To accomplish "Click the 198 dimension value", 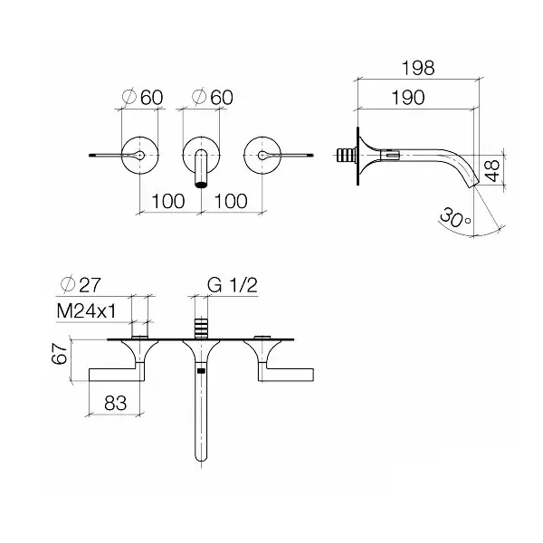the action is pos(417,68).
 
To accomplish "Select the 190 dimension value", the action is pos(407,98).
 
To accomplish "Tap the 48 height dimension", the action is pos(492,170).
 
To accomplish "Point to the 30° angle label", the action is pos(454,218).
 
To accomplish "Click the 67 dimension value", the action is pos(60,354).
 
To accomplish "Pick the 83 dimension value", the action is pos(115,403).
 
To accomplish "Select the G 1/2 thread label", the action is pos(233,285).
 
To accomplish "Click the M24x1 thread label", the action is pos(87,311).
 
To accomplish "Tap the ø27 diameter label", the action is pos(81,285).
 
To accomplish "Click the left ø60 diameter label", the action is pos(143,97).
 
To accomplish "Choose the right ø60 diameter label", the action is pos(213,97).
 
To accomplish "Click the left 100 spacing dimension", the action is pos(168,201).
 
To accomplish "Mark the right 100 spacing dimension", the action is pos(231,201).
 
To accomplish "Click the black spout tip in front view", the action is pos(201,185).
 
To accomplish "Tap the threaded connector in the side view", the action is pos(347,155).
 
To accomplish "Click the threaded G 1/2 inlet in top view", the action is pos(201,328).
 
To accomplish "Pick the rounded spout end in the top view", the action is pos(201,457).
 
